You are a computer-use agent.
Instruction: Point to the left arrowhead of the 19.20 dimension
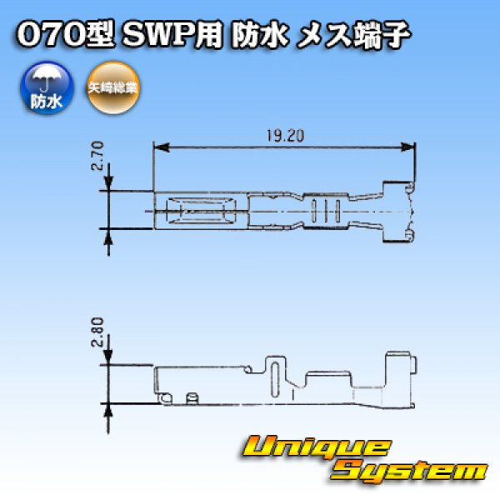158,147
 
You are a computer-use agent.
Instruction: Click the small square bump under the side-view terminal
191,398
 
